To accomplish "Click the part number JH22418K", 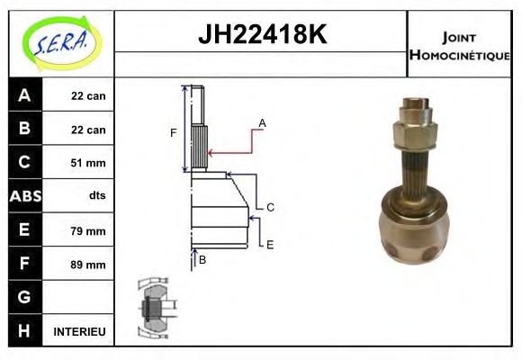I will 260,35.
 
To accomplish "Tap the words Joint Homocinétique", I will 459,45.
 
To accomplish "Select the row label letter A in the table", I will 24,95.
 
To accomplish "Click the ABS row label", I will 24,196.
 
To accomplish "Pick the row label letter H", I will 24,331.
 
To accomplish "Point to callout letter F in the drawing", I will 174,133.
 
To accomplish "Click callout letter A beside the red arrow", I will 262,122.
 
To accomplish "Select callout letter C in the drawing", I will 270,207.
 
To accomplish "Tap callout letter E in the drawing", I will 270,244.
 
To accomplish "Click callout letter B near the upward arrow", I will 202,260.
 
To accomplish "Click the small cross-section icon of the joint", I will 154,307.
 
